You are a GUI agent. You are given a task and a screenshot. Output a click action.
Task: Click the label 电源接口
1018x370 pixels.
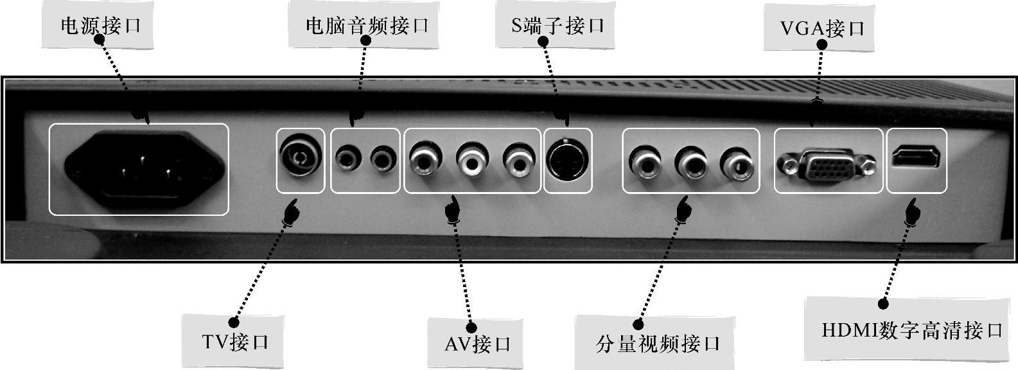pyautogui.click(x=100, y=26)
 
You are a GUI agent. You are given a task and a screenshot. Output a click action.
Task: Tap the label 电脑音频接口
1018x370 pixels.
pyautogui.click(x=367, y=26)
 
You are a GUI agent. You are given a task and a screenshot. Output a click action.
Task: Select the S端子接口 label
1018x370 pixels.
pyautogui.click(x=557, y=26)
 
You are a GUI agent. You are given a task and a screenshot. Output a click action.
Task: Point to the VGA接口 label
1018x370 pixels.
pyautogui.click(x=822, y=28)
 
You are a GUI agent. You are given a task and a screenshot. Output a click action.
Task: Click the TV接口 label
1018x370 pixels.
pyautogui.click(x=235, y=342)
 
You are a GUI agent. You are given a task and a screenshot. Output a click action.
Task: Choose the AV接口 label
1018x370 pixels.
pyautogui.click(x=477, y=344)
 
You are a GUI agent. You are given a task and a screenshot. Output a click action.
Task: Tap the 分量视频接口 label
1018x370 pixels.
pyautogui.click(x=658, y=344)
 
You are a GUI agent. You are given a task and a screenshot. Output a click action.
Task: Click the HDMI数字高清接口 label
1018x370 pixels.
pyautogui.click(x=911, y=330)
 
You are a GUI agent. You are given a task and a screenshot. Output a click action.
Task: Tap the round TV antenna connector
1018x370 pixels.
pyautogui.click(x=301, y=157)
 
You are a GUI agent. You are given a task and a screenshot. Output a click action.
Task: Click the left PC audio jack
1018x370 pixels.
pyautogui.click(x=347, y=159)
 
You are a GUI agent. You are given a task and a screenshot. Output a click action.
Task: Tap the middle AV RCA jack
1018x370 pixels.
pyautogui.click(x=472, y=159)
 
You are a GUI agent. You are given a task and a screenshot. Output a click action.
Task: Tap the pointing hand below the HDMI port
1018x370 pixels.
pyautogui.click(x=911, y=212)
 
